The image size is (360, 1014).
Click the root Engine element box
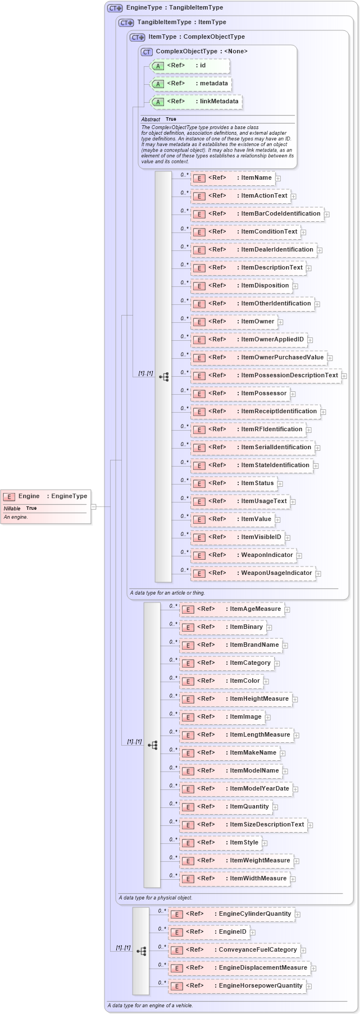(45, 496)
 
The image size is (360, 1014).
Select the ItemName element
(233, 178)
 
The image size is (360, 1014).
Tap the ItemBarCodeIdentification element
(257, 214)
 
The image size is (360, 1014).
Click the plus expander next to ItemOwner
(281, 322)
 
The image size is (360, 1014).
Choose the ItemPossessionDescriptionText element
(266, 376)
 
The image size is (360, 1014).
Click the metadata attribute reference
(191, 84)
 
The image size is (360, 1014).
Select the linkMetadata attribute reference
(196, 102)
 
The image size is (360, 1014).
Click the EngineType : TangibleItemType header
(174, 8)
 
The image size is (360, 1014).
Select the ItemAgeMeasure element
(231, 609)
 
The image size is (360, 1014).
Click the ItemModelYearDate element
(235, 789)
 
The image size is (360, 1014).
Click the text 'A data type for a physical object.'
(156, 898)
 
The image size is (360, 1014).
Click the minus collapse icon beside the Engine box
(94, 506)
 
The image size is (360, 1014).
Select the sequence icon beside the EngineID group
(141, 951)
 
